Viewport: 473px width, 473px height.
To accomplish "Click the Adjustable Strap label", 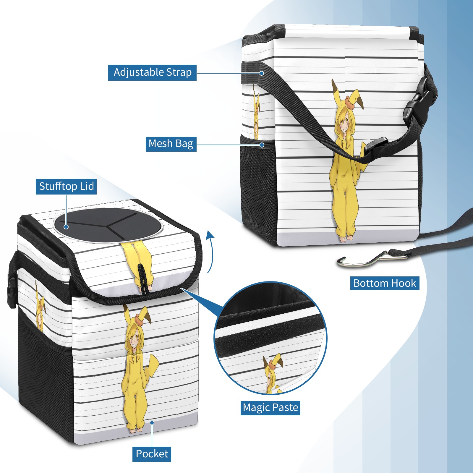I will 152,72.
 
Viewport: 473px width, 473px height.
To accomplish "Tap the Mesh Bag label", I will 171,144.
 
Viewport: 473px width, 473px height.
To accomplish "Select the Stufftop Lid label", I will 66,187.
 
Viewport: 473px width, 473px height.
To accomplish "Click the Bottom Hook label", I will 385,283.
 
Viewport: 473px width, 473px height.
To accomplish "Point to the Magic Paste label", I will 270,408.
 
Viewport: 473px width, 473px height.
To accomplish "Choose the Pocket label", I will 152,454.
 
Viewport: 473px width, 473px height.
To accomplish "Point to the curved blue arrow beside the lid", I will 210,251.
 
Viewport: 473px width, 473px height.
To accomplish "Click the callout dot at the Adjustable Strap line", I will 262,73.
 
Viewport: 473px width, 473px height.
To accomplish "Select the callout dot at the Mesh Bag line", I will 262,145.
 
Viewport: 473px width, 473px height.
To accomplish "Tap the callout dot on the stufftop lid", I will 66,227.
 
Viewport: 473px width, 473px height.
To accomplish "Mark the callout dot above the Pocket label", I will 152,423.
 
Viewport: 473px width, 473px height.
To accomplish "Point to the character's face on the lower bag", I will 135,340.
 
